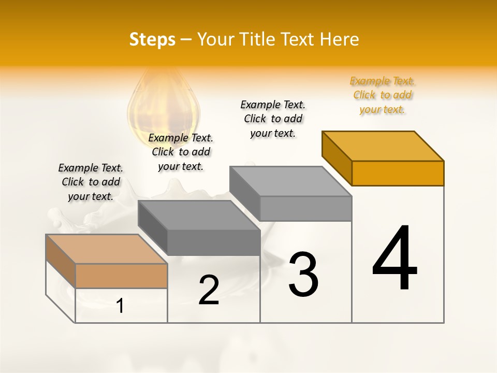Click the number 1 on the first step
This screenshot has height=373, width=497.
[120, 306]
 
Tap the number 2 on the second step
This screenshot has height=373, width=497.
[209, 290]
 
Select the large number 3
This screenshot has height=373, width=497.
[303, 275]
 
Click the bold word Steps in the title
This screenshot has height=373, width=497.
[152, 39]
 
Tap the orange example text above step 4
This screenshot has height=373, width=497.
[382, 95]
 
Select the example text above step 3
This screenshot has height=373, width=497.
[273, 119]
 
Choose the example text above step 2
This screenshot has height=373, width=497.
[181, 152]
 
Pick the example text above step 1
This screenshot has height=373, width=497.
[91, 182]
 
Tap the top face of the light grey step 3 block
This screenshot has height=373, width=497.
[291, 181]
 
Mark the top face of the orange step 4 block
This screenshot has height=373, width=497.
[383, 146]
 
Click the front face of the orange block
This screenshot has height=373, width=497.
[398, 173]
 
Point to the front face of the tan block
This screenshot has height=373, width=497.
[121, 276]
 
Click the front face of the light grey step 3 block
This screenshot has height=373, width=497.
[305, 208]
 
